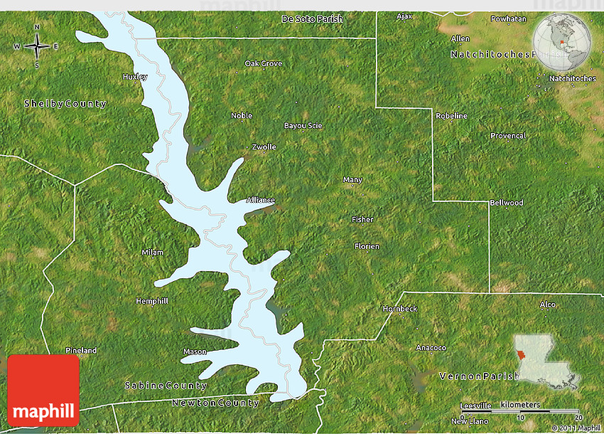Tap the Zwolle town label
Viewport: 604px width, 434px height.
(264, 147)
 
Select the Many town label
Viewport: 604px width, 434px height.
(352, 180)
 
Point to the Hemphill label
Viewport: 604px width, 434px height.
(152, 301)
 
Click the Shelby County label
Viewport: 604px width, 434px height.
(65, 104)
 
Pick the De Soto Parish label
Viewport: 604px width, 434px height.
(313, 18)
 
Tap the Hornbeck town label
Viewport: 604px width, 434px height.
(400, 309)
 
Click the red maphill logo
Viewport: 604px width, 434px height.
(43, 391)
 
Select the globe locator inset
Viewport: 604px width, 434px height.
(563, 43)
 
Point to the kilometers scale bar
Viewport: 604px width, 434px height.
(519, 411)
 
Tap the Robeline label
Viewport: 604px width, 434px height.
(452, 116)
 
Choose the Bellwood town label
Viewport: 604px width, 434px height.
(507, 203)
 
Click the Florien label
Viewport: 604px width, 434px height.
(367, 246)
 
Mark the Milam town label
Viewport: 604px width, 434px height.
(152, 253)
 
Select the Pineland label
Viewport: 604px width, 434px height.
(81, 351)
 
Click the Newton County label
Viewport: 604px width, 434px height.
(215, 403)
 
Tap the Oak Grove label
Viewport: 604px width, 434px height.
(264, 64)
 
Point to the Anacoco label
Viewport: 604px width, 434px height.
(431, 348)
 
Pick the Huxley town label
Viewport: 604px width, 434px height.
(135, 77)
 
